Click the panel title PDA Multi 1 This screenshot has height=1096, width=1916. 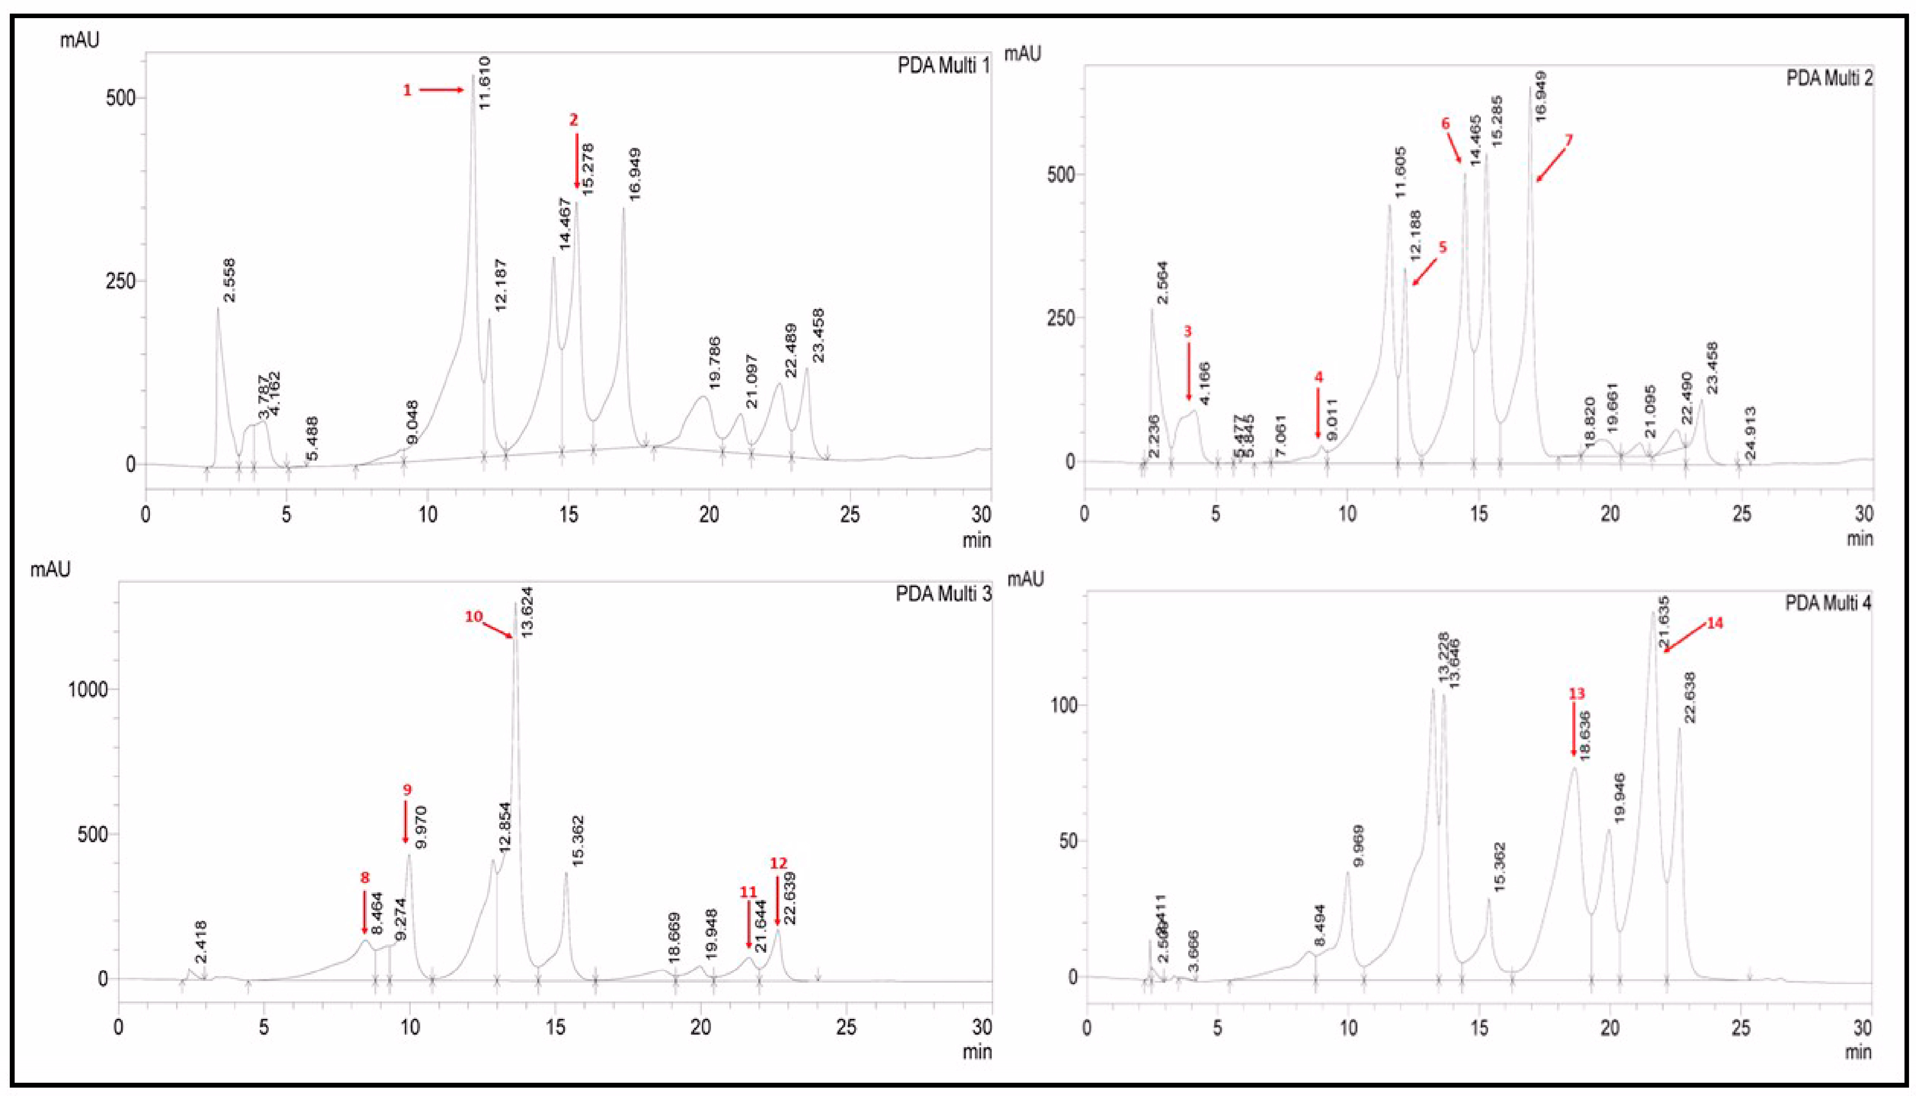943,66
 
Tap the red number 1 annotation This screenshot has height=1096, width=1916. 407,90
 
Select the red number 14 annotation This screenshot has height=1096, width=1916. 1714,623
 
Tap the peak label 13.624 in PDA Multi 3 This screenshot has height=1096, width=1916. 527,613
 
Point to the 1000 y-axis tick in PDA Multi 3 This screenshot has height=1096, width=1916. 89,689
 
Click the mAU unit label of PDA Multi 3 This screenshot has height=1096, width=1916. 51,569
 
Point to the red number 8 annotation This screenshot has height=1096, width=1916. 365,878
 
